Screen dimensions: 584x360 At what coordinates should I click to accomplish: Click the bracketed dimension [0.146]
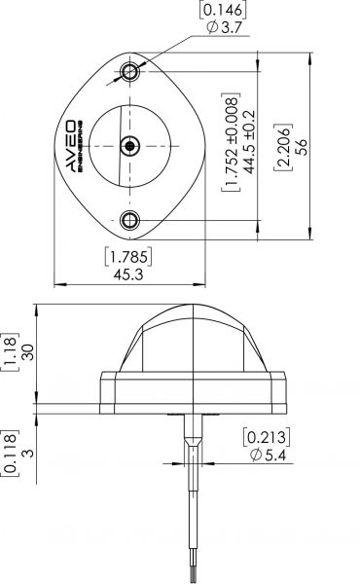coord(222,12)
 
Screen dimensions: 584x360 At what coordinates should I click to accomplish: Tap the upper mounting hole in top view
coord(130,71)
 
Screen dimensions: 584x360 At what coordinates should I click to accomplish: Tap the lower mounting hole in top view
coord(130,219)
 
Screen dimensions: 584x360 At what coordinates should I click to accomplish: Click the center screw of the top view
coord(130,145)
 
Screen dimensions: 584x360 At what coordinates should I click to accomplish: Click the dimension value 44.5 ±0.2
coord(249,146)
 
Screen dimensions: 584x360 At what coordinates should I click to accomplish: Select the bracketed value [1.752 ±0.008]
coord(231,146)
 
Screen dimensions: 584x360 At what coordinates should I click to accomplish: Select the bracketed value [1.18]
coord(10,352)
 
